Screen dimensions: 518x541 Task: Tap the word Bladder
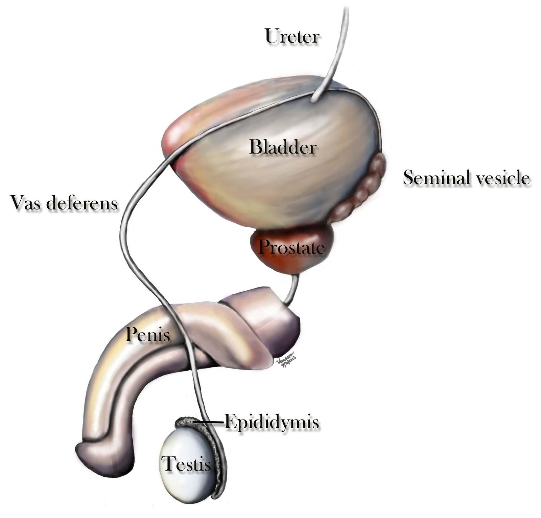point(283,147)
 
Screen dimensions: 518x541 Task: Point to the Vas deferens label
point(64,203)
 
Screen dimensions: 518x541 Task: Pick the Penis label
point(148,335)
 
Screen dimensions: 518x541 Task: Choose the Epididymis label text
point(272,422)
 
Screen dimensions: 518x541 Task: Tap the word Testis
point(186,464)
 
